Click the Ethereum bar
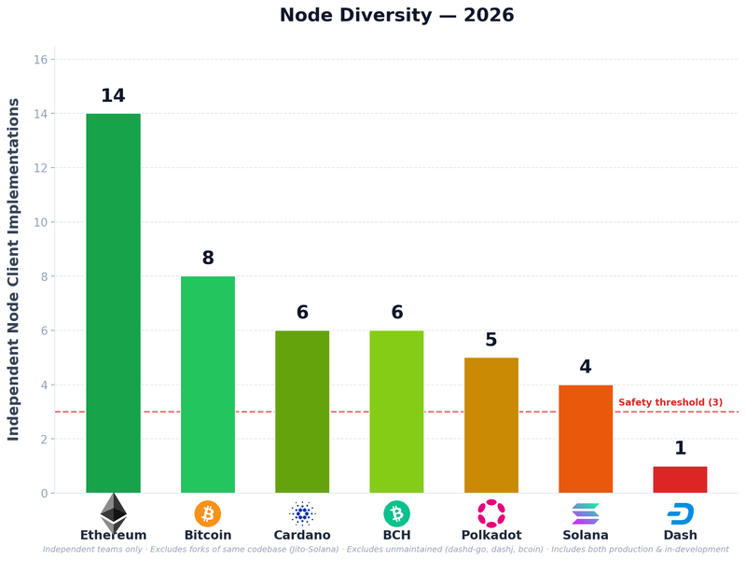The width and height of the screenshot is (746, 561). click(x=113, y=303)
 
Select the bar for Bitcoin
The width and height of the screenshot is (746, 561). click(x=208, y=385)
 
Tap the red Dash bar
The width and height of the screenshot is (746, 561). click(x=680, y=480)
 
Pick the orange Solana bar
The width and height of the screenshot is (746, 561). click(x=586, y=439)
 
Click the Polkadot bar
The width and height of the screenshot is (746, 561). click(x=491, y=425)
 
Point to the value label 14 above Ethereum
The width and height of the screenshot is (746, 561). click(x=113, y=96)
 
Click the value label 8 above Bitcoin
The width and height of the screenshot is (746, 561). click(x=208, y=259)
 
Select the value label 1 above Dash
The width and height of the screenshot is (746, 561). click(x=680, y=449)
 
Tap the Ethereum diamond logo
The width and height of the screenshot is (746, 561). click(x=113, y=512)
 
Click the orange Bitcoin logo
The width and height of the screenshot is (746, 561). click(x=208, y=513)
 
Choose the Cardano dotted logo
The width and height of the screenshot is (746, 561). click(x=302, y=513)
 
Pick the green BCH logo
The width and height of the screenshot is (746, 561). click(x=396, y=513)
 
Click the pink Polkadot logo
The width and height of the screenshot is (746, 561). click(x=491, y=513)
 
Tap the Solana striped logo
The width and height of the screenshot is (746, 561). click(x=586, y=513)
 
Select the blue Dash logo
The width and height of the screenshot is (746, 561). click(x=680, y=513)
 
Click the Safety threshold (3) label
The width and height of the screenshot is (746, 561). click(x=670, y=402)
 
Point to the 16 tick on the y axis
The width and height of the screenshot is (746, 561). click(x=40, y=60)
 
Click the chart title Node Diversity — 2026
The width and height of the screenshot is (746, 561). click(x=396, y=16)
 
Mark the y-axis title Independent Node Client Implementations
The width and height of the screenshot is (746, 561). click(x=14, y=269)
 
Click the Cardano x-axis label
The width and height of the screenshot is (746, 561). click(x=302, y=536)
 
